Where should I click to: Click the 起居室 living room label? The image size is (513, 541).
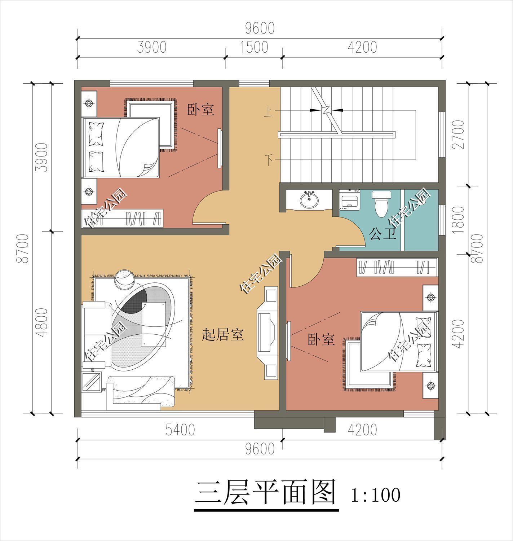223,335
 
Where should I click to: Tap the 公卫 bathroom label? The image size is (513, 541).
382,235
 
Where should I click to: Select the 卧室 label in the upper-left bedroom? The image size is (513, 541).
200,109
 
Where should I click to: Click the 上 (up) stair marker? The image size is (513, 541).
269,113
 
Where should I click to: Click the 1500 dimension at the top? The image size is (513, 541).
254,47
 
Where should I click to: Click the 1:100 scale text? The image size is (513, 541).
375,495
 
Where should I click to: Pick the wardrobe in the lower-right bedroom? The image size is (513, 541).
397,268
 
